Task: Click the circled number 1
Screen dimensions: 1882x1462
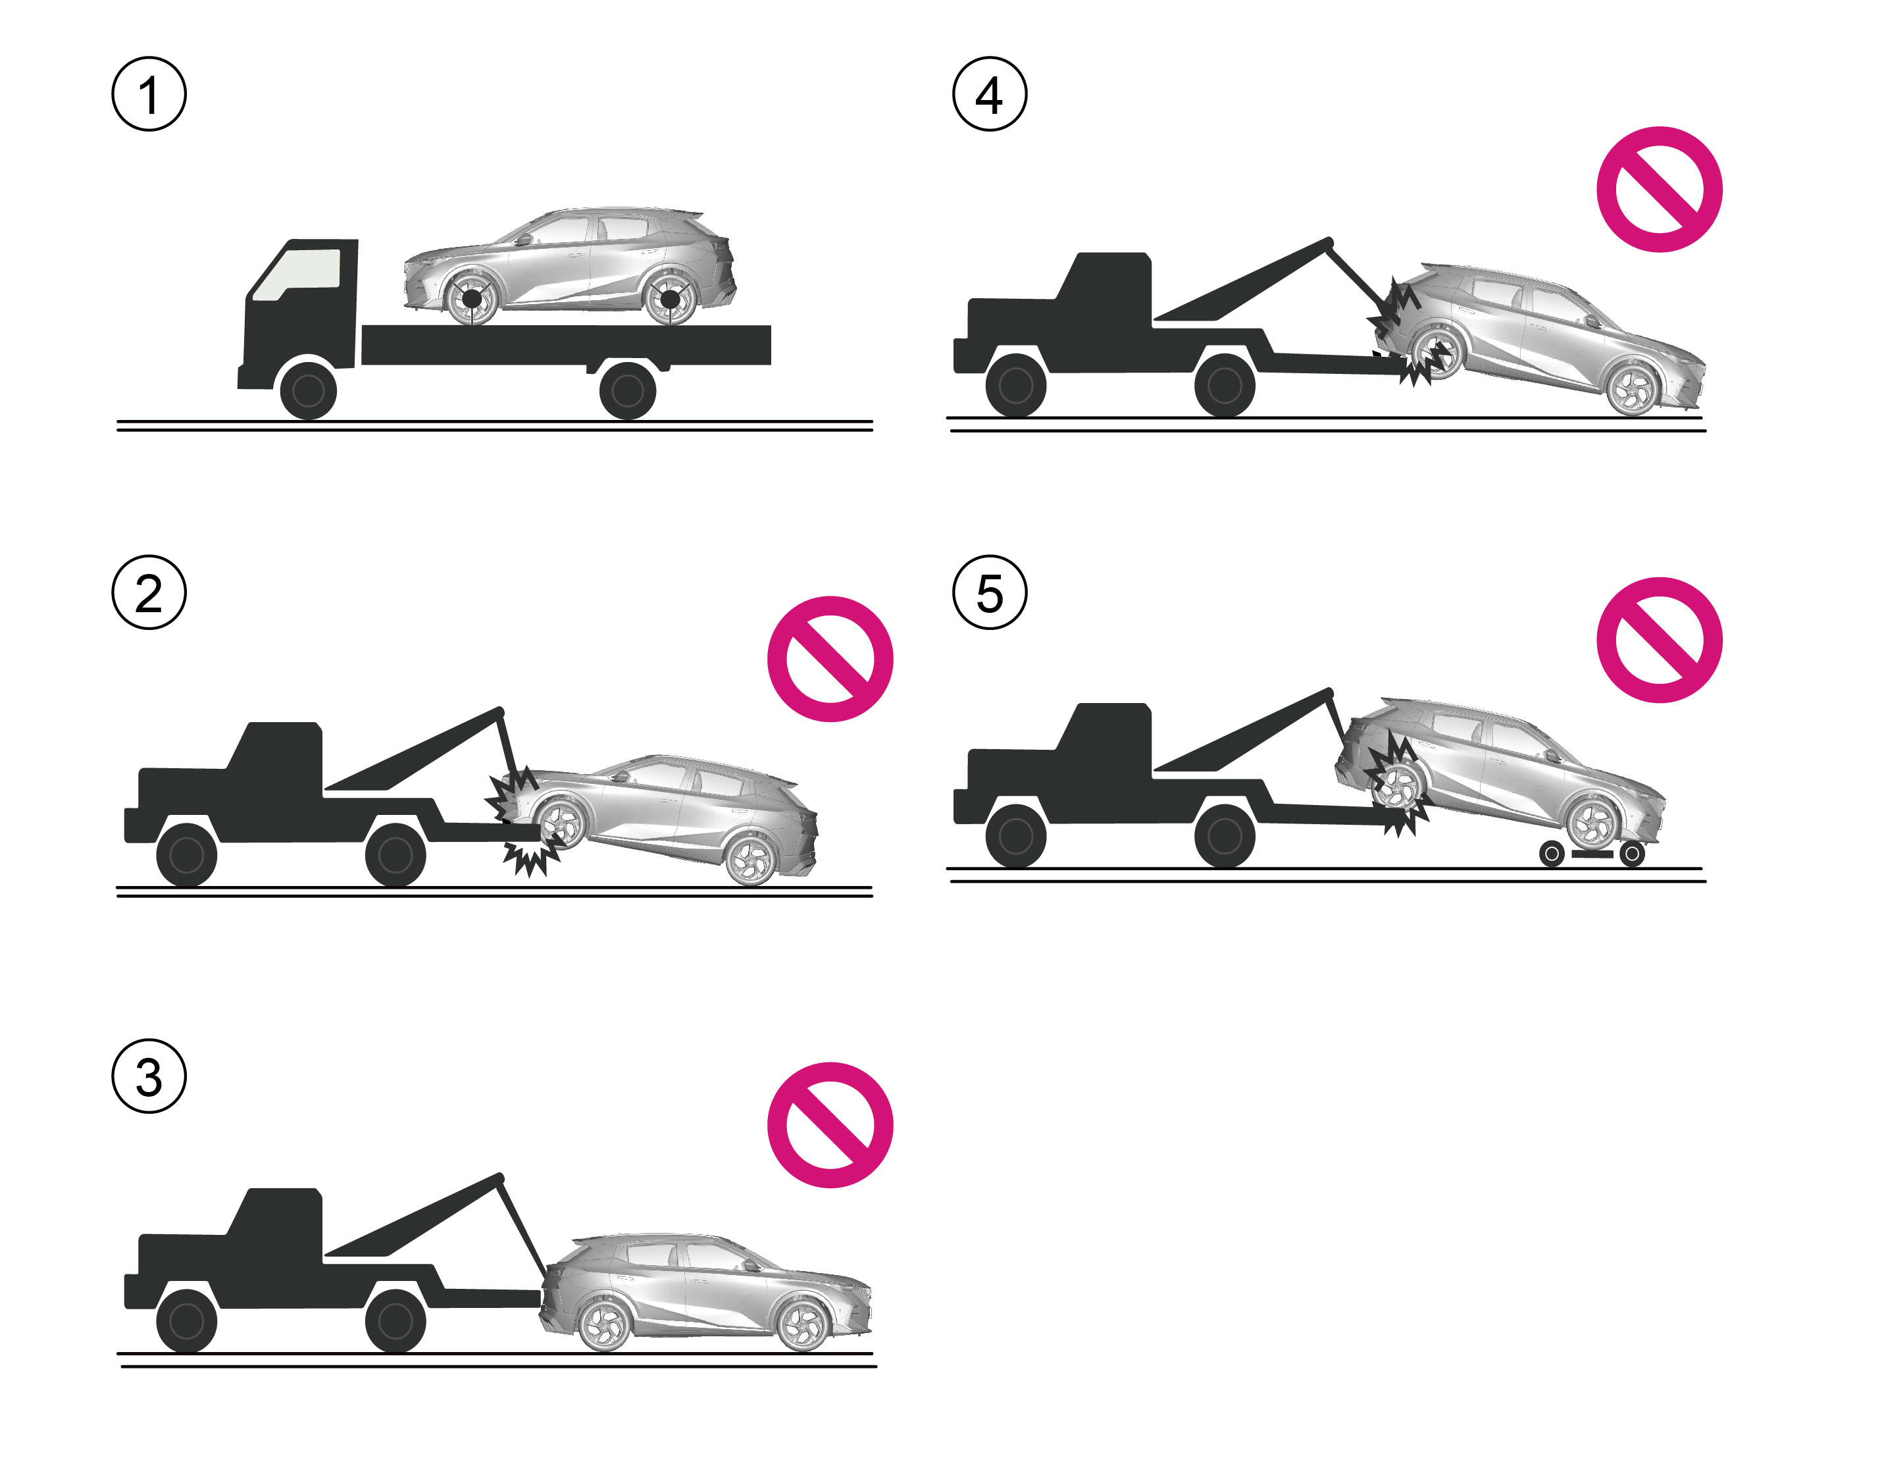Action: tap(149, 94)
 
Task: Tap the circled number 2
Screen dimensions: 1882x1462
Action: tap(149, 592)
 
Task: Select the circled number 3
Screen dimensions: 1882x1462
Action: tap(149, 1076)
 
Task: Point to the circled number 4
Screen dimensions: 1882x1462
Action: tap(989, 94)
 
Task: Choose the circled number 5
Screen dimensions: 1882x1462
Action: tap(989, 592)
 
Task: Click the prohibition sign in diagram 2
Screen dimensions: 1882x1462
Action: tap(830, 658)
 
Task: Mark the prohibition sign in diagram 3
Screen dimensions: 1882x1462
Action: tap(830, 1125)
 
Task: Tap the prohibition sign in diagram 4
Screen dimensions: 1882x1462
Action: tap(1659, 189)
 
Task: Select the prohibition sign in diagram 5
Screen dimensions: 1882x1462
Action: tap(1659, 640)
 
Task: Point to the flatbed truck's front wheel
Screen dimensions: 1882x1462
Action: tap(309, 390)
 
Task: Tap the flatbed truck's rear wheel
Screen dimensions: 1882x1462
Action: tap(627, 390)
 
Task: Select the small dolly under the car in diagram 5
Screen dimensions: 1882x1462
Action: tap(1592, 853)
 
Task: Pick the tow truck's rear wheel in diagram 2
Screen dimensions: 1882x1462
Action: tap(395, 855)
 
